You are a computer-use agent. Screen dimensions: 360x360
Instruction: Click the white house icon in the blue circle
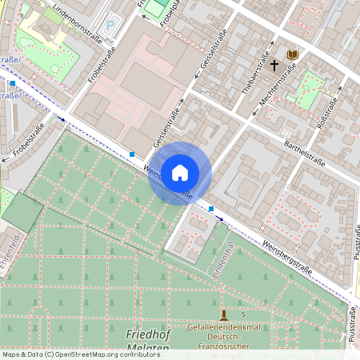click(180, 172)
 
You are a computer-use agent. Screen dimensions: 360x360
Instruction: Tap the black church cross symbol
click(274, 64)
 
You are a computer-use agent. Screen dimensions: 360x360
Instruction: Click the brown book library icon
click(293, 54)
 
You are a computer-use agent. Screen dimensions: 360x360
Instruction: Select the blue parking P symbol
click(110, 25)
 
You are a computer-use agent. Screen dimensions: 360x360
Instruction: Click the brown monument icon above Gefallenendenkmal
click(224, 314)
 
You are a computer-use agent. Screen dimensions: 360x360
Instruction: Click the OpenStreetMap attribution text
click(80, 354)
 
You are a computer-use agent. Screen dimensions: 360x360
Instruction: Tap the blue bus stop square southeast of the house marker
click(211, 209)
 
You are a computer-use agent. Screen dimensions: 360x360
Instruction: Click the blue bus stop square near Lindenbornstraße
click(13, 83)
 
